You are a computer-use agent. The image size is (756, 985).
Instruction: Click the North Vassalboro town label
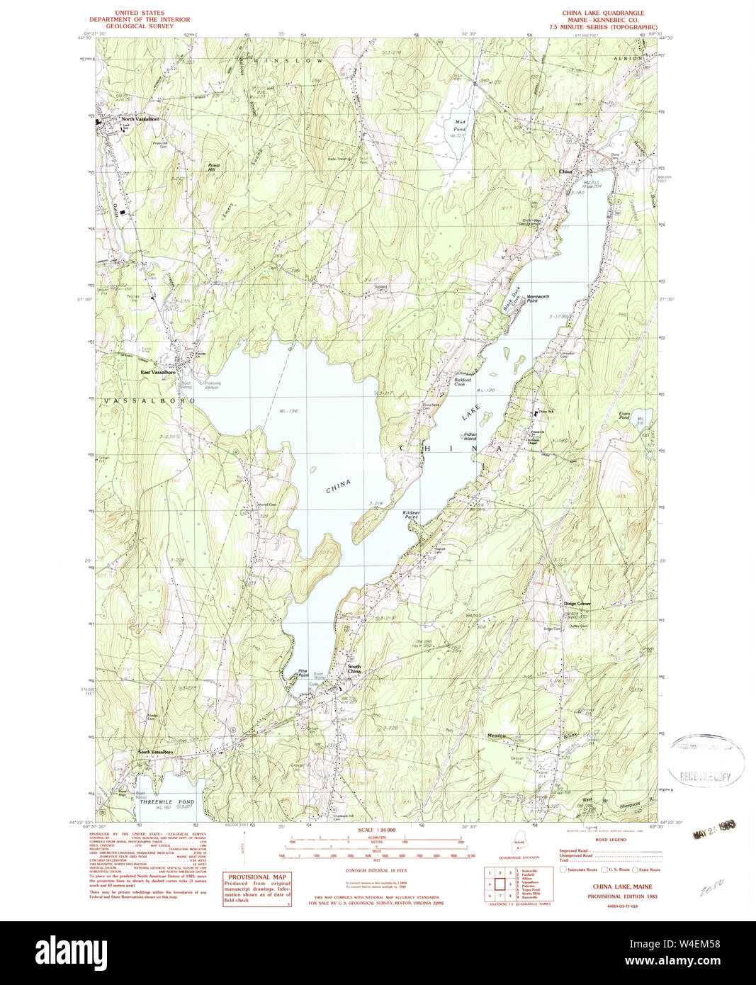(139, 119)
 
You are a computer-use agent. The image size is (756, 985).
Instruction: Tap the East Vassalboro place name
(157, 372)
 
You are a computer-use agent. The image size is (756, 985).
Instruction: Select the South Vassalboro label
(155, 752)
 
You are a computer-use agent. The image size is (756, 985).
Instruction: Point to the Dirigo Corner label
(577, 604)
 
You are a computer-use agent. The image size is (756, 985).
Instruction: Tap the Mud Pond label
(460, 125)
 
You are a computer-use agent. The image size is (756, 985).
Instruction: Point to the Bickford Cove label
(463, 382)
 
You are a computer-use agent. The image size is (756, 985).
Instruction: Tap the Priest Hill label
(213, 167)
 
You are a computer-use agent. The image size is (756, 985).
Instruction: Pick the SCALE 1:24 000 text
(376, 830)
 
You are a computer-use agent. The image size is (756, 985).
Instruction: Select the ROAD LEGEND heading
(610, 838)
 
